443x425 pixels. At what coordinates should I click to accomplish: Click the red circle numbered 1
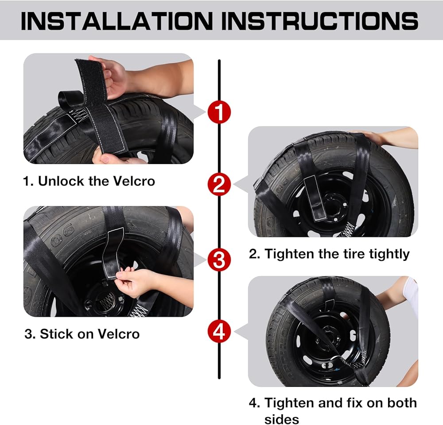pyautogui.click(x=219, y=112)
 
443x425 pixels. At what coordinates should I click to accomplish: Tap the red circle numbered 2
pyautogui.click(x=219, y=184)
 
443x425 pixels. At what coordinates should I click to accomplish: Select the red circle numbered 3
pyautogui.click(x=219, y=260)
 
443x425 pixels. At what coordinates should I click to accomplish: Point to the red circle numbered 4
pyautogui.click(x=219, y=331)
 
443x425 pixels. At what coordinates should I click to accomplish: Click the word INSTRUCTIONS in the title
pyautogui.click(x=319, y=21)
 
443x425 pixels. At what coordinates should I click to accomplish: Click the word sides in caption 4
pyautogui.click(x=282, y=419)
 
